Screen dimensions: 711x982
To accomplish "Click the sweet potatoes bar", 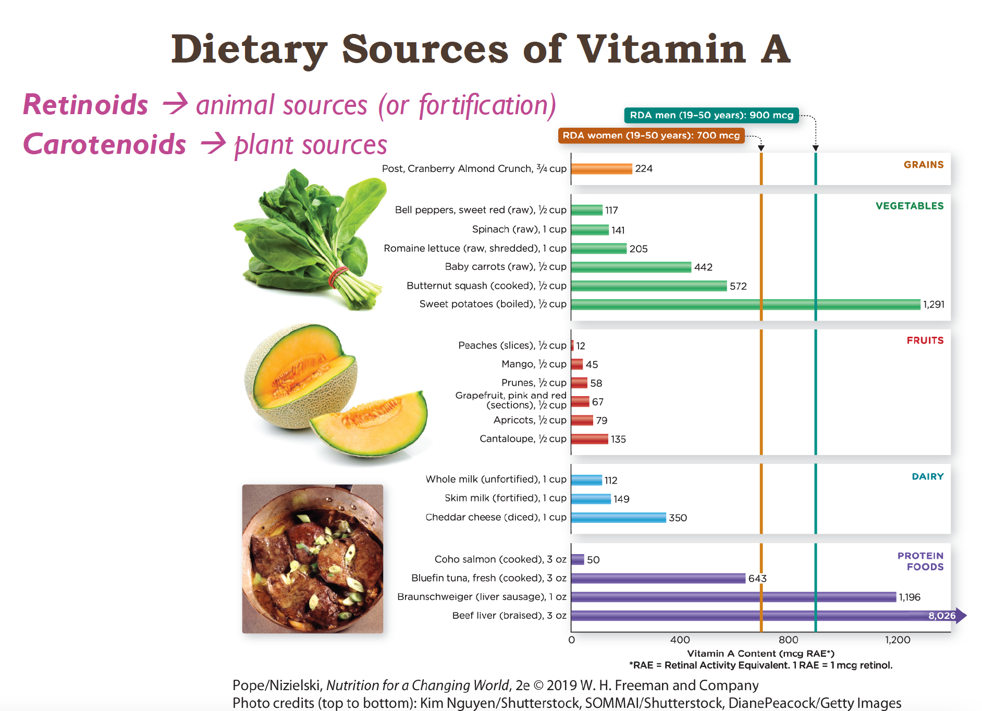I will pos(745,304).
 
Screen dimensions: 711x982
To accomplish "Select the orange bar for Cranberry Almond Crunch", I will pos(602,169).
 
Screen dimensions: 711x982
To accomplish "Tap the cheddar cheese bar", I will pos(618,518).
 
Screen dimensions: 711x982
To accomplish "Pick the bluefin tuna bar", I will pos(658,578).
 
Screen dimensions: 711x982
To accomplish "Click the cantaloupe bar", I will pos(590,439).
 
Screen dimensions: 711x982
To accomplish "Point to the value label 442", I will pos(703,267).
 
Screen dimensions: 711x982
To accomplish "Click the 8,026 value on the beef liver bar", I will pos(942,616).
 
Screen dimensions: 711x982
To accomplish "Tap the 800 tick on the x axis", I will pos(788,640).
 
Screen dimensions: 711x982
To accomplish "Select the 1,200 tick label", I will pos(898,640).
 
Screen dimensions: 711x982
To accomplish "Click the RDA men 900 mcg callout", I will pos(711,115).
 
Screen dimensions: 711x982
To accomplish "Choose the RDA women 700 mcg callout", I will pos(651,136).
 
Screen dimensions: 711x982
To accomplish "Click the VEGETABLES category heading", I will pos(910,206).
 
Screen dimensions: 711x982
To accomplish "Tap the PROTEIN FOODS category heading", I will pos(920,561).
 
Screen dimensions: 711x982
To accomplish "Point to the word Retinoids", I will pos(86,105).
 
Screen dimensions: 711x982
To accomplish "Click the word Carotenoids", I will pos(105,144).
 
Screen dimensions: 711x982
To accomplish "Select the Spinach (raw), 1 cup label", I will pos(519,229).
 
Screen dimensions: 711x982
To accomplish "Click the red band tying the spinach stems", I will pos(338,276).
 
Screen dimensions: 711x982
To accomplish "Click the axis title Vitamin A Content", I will pos(760,654).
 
